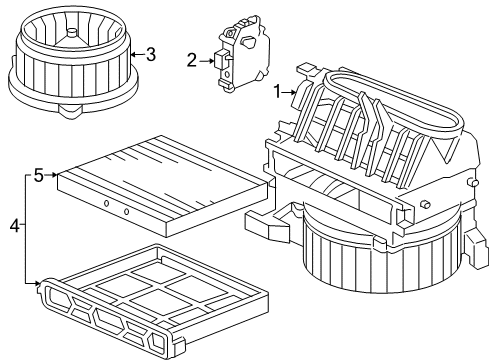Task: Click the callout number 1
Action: (x=279, y=93)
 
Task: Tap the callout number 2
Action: (x=192, y=61)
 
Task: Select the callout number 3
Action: (x=150, y=53)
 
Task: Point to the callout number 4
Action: (x=14, y=226)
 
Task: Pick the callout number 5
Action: (x=38, y=176)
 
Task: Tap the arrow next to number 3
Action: (x=137, y=53)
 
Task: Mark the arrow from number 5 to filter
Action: (x=51, y=176)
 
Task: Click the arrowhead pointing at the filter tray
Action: (x=38, y=283)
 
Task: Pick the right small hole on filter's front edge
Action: (x=127, y=213)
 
